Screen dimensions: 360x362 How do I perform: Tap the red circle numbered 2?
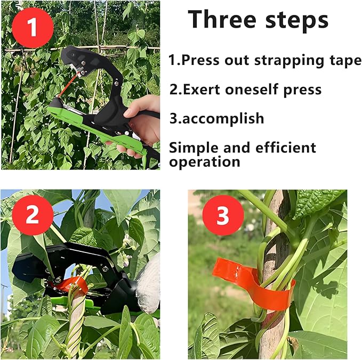click(x=32, y=216)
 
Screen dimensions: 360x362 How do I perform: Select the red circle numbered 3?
click(x=222, y=216)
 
